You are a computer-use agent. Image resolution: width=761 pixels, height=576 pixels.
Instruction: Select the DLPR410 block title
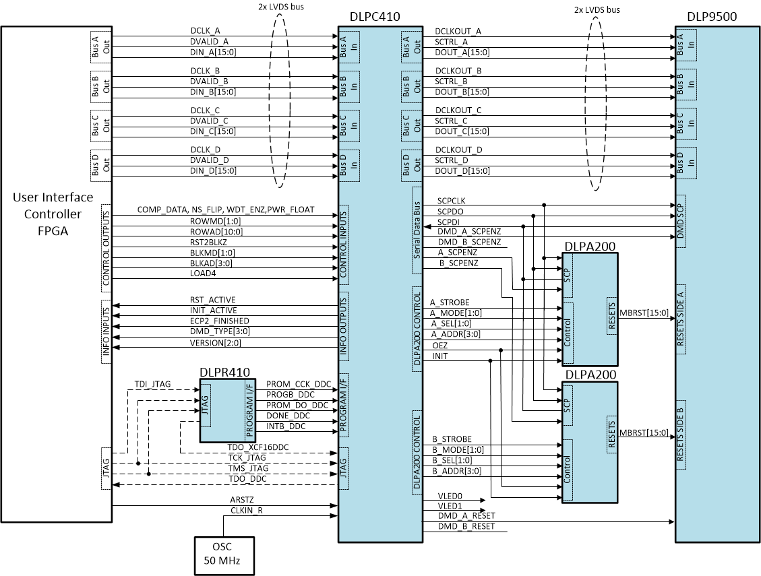pyautogui.click(x=225, y=373)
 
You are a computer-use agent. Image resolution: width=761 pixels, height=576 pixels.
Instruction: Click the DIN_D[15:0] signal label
pyautogui.click(x=213, y=170)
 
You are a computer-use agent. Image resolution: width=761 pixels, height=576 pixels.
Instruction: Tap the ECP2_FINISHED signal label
pyautogui.click(x=219, y=321)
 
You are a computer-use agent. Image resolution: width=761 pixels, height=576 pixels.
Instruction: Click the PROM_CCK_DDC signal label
pyautogui.click(x=299, y=384)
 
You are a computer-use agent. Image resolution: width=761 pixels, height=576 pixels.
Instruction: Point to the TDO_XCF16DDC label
pyautogui.click(x=259, y=447)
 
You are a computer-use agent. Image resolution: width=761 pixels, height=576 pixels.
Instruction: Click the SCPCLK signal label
pyautogui.click(x=451, y=201)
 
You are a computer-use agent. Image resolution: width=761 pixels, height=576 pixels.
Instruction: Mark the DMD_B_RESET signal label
pyautogui.click(x=466, y=525)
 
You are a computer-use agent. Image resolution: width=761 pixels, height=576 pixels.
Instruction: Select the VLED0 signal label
pyautogui.click(x=451, y=495)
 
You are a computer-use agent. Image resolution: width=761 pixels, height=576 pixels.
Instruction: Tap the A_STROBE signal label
pyautogui.click(x=450, y=302)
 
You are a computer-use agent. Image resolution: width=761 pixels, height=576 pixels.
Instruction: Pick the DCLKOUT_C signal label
pyautogui.click(x=458, y=110)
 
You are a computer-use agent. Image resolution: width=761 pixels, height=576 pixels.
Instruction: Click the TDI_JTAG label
pyautogui.click(x=153, y=384)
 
